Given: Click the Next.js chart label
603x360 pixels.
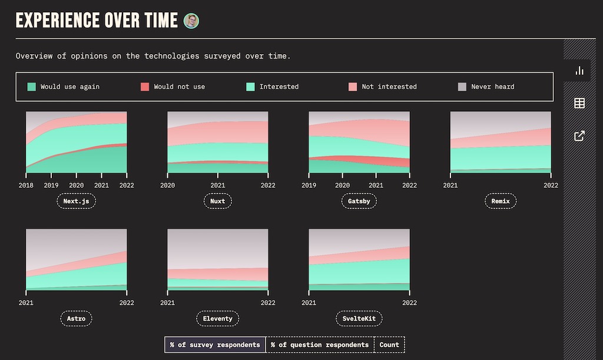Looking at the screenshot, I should click(x=76, y=201).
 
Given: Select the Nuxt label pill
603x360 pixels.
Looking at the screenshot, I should click(x=217, y=201).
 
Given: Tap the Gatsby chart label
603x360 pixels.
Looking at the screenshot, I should click(x=359, y=201).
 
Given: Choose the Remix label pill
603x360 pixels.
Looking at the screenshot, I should click(x=500, y=201).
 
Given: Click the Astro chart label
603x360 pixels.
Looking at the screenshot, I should click(x=76, y=319).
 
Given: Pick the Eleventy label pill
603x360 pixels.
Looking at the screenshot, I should click(x=217, y=319).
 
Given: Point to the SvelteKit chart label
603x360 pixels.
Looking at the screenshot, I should click(x=359, y=319).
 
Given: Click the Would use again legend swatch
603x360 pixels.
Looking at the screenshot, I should click(x=32, y=87).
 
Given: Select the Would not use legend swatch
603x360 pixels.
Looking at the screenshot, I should click(x=145, y=87).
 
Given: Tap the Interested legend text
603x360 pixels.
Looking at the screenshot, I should click(x=279, y=87).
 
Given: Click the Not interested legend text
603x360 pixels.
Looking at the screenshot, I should click(x=389, y=87).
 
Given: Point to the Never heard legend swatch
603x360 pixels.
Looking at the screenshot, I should click(x=462, y=87).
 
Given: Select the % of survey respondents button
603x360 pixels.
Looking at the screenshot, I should click(x=215, y=345).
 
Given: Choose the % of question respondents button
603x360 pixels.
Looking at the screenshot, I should click(x=320, y=345).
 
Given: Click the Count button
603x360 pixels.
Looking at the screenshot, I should click(x=389, y=345).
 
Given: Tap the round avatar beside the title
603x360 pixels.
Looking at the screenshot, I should click(x=191, y=21).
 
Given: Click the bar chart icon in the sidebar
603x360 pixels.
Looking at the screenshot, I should click(x=579, y=71).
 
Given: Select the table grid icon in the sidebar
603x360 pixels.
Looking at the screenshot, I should click(x=579, y=104).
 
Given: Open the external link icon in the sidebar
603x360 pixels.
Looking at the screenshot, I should click(x=579, y=136).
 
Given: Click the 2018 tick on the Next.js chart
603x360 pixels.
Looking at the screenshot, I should click(x=26, y=185).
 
